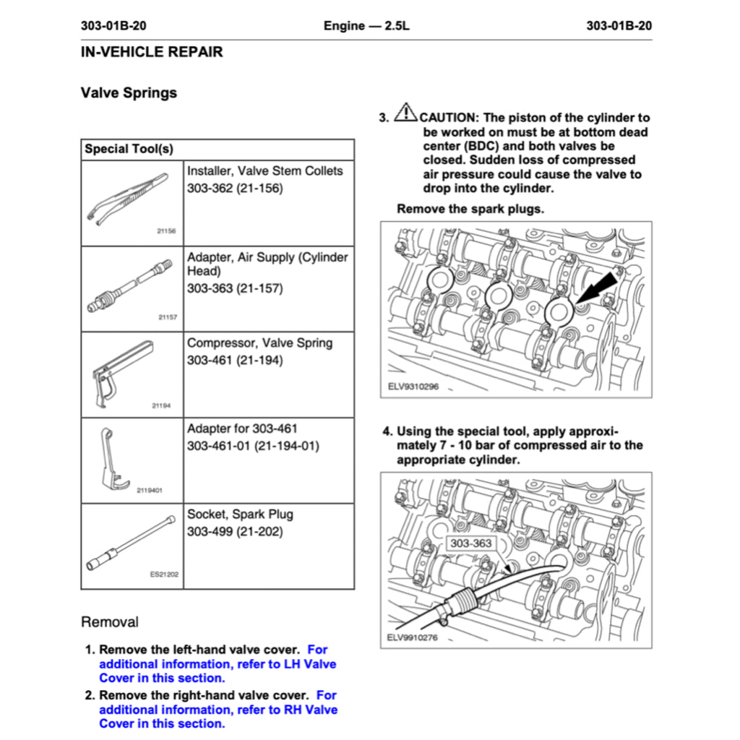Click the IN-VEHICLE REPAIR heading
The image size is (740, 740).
pyautogui.click(x=152, y=52)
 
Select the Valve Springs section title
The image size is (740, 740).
pyautogui.click(x=129, y=92)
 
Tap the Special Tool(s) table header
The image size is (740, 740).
pyautogui.click(x=129, y=150)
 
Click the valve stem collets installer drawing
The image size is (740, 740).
pyautogui.click(x=126, y=198)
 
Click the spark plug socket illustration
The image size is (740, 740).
pyautogui.click(x=130, y=542)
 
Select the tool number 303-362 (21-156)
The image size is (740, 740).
pyautogui.click(x=235, y=189)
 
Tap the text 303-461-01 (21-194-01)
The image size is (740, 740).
pyautogui.click(x=252, y=446)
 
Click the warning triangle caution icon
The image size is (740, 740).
pyautogui.click(x=406, y=113)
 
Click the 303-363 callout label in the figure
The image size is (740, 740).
pyautogui.click(x=470, y=543)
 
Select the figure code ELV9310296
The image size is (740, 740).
pyautogui.click(x=413, y=387)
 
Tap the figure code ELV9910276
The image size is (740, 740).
pyautogui.click(x=413, y=638)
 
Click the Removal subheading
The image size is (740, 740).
pyautogui.click(x=110, y=622)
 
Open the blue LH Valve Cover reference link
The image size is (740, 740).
pyautogui.click(x=218, y=664)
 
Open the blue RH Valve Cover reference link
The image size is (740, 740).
pyautogui.click(x=218, y=710)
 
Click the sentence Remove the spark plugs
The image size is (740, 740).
pyautogui.click(x=470, y=209)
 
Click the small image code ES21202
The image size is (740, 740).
pyautogui.click(x=164, y=575)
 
